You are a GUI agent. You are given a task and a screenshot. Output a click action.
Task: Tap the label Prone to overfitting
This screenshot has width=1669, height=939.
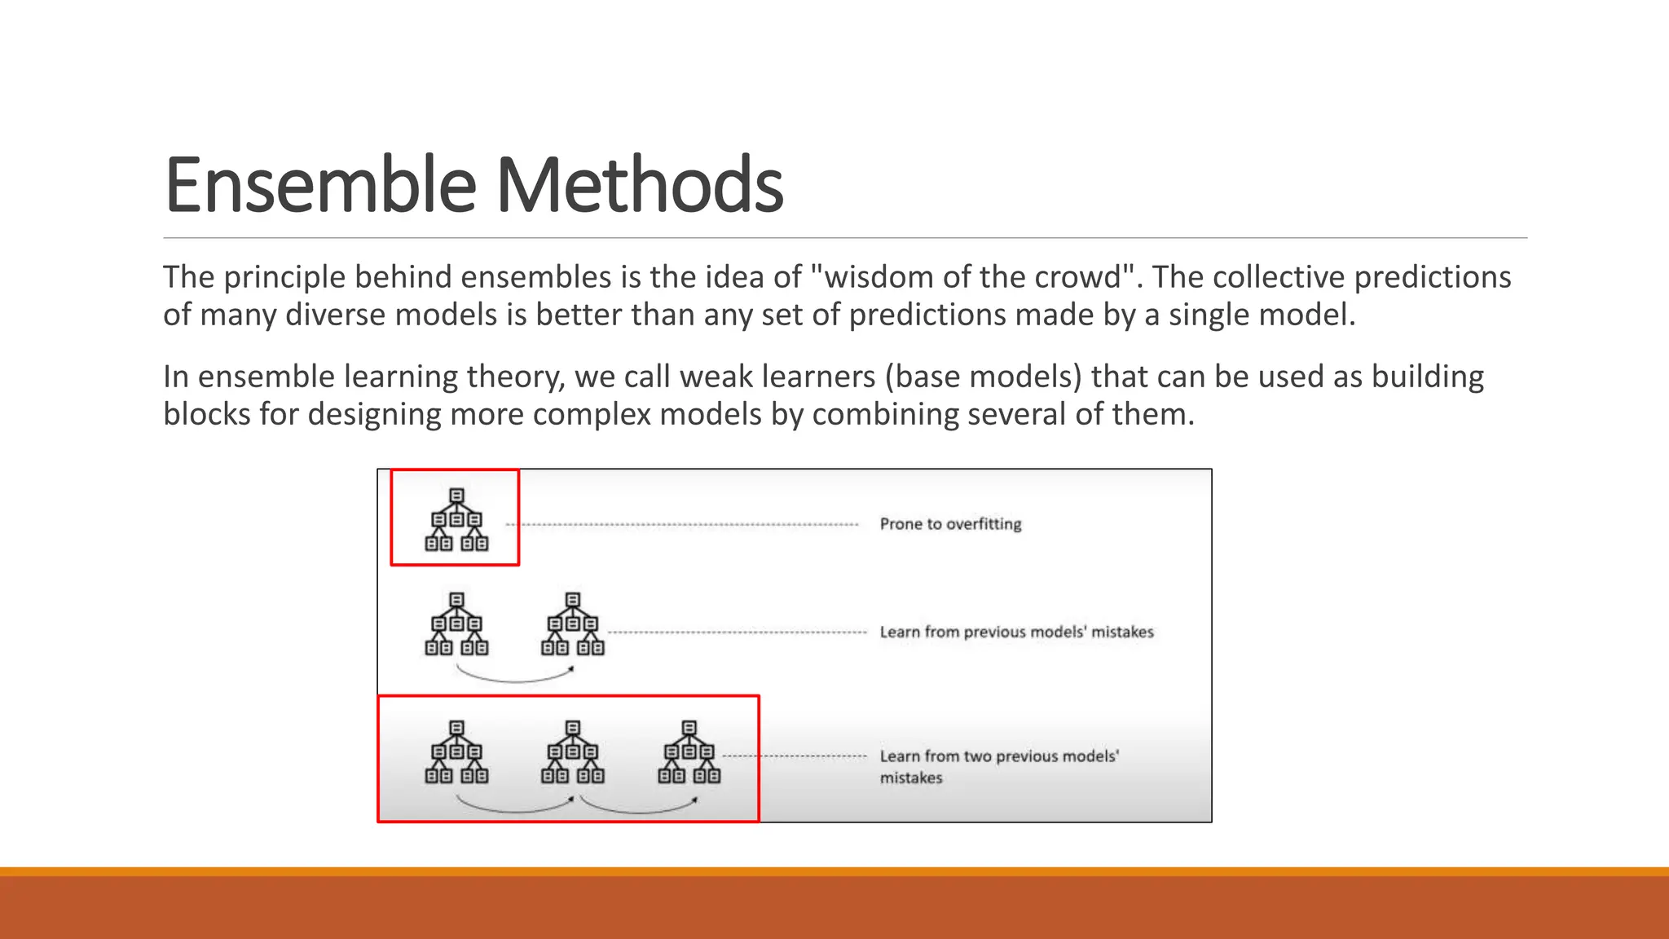tap(950, 524)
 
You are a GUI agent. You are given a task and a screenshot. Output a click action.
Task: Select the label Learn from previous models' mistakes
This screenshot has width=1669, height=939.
tap(1016, 632)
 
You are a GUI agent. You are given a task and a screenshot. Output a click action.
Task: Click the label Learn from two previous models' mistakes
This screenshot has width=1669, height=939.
tap(998, 765)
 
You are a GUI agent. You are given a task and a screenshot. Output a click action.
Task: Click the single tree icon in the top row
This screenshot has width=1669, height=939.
tap(456, 520)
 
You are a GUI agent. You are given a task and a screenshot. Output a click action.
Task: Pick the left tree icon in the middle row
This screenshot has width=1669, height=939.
tap(456, 624)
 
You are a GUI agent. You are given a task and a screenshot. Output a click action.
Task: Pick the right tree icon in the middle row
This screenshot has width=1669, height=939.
tap(573, 624)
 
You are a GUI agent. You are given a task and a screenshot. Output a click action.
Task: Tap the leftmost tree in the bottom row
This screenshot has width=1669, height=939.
tap(456, 752)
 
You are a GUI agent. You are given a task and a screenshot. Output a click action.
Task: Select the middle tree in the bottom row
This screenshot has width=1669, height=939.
tap(573, 752)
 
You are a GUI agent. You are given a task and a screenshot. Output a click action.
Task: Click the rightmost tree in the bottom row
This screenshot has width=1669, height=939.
tap(689, 752)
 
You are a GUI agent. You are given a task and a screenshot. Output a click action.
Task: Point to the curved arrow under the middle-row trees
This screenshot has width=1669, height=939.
tap(514, 677)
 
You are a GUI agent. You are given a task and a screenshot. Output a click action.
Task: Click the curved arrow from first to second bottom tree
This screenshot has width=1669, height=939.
tap(514, 808)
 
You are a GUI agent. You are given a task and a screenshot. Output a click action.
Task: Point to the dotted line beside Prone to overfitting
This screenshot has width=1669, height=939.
tap(685, 525)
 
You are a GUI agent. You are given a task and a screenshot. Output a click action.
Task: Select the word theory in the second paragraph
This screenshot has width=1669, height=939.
tap(516, 377)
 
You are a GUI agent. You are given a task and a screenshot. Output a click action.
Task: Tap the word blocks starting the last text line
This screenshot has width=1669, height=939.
tap(206, 414)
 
